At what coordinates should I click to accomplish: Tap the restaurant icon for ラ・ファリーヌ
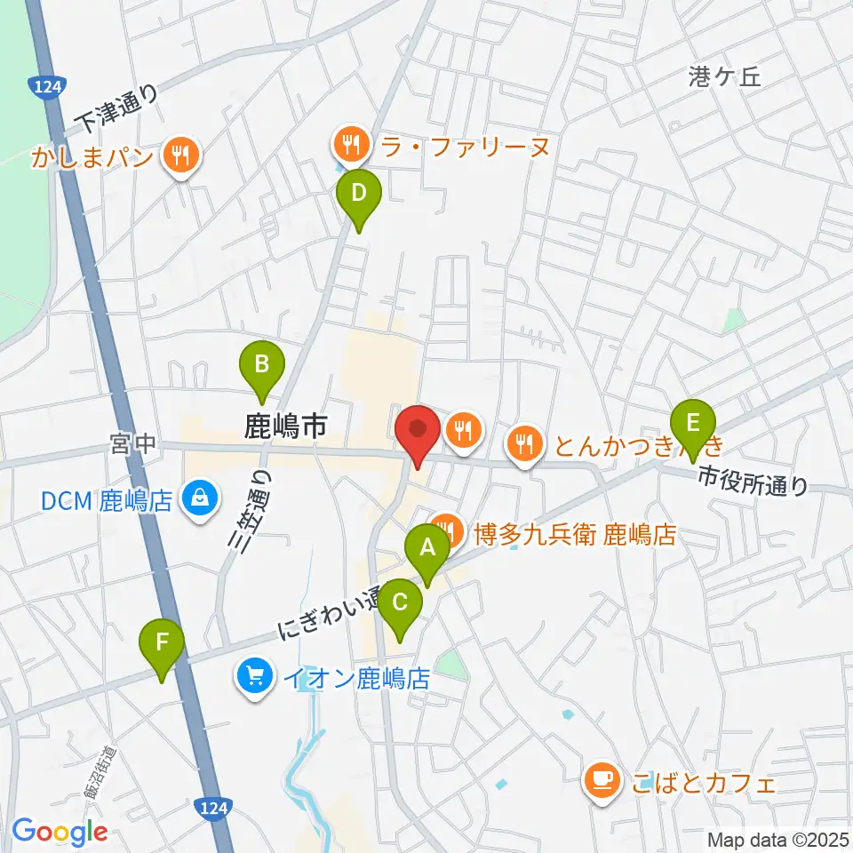pos(347,141)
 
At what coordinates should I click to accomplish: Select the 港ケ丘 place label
pos(725,77)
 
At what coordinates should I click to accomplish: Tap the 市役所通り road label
pos(752,481)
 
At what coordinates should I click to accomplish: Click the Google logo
pos(60,832)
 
